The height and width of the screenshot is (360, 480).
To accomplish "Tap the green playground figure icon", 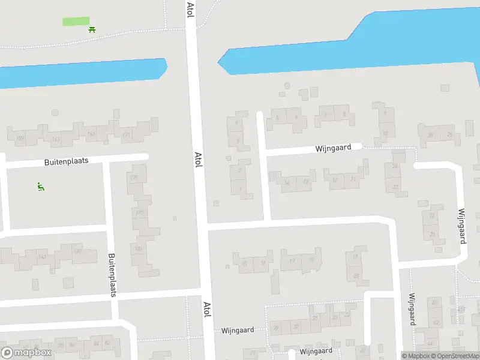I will click(40, 187).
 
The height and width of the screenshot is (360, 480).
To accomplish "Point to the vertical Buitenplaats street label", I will click(112, 275).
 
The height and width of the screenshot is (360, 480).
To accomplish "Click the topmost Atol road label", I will click(190, 10).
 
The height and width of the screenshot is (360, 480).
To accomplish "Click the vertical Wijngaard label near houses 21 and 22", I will click(462, 226).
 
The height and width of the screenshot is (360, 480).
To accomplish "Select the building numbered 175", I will click(134, 178).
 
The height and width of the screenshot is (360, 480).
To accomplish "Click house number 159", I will click(20, 139).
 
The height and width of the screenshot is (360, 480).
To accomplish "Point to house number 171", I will click(126, 135).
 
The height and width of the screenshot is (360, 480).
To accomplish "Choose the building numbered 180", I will click(138, 249).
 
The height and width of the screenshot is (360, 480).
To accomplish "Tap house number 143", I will click(42, 257).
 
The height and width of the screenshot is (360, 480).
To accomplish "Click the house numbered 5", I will click(277, 118).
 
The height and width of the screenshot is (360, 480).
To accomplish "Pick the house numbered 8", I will click(344, 114).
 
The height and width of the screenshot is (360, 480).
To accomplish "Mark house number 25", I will click(430, 135).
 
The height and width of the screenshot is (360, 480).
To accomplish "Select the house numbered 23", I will click(395, 187).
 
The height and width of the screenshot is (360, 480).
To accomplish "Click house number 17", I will click(292, 260).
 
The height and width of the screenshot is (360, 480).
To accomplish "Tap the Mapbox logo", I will click(26, 352).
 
